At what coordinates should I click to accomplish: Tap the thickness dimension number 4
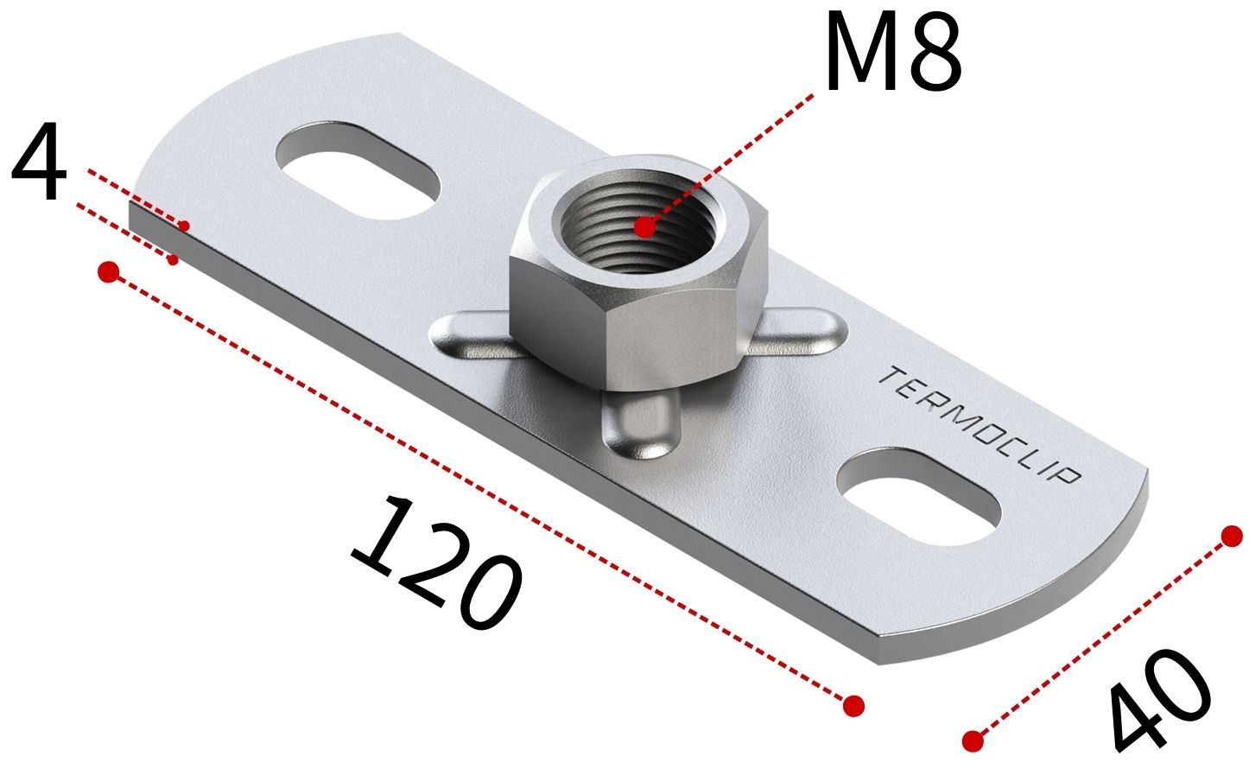(x=39, y=162)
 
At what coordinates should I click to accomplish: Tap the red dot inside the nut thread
(x=644, y=227)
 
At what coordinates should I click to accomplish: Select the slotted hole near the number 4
(x=359, y=171)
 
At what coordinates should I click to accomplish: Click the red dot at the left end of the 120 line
(x=108, y=271)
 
